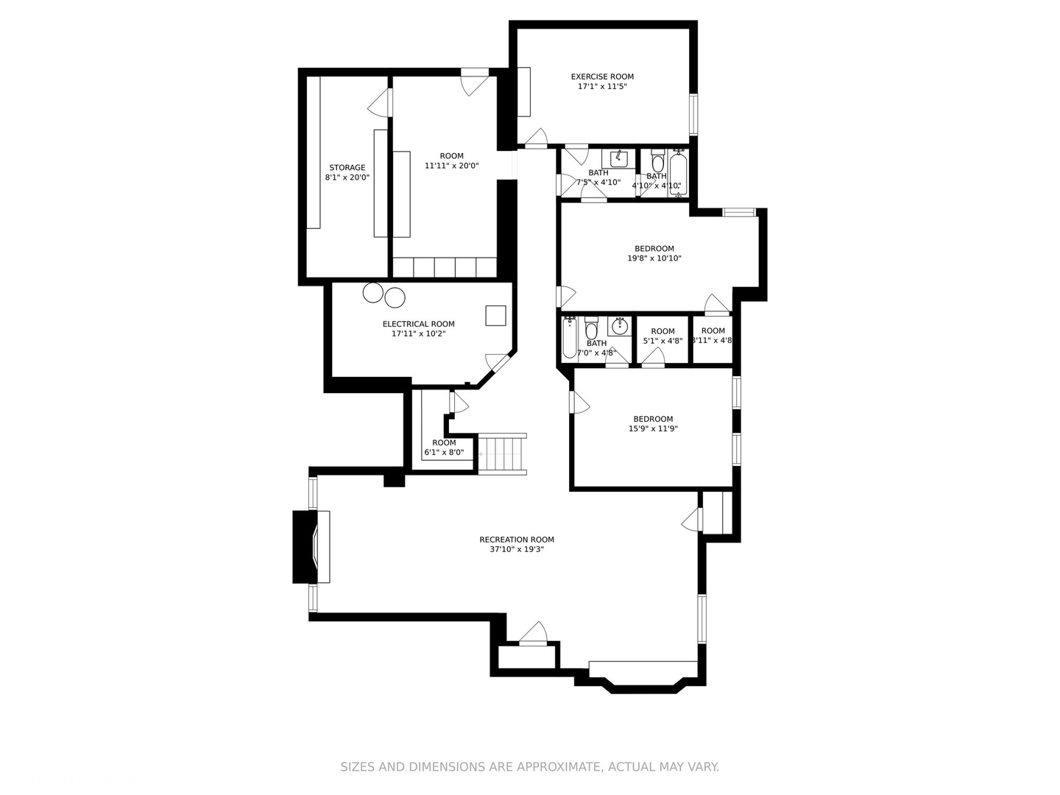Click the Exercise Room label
pyautogui.click(x=602, y=77)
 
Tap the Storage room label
pyautogui.click(x=347, y=168)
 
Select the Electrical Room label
pyautogui.click(x=418, y=324)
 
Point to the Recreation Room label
pyautogui.click(x=516, y=540)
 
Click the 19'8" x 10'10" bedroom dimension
pyautogui.click(x=654, y=258)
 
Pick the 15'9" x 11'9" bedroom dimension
pyautogui.click(x=653, y=428)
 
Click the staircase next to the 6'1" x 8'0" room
pyautogui.click(x=502, y=454)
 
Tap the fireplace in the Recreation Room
pyautogui.click(x=312, y=547)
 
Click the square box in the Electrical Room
pyautogui.click(x=495, y=315)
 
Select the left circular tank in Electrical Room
pyautogui.click(x=373, y=292)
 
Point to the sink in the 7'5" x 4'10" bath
pyautogui.click(x=618, y=158)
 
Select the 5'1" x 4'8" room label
pyautogui.click(x=662, y=331)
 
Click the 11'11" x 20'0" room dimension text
pyautogui.click(x=451, y=166)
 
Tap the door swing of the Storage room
pyautogui.click(x=378, y=102)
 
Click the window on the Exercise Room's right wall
pyautogui.click(x=693, y=114)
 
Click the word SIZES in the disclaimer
pyautogui.click(x=357, y=767)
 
